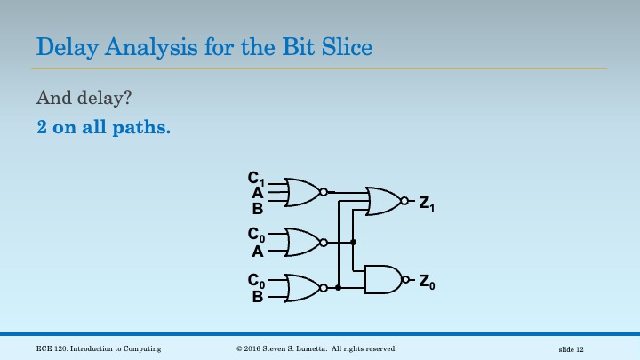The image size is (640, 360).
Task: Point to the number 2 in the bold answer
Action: pyautogui.click(x=42, y=127)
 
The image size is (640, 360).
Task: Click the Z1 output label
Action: pyautogui.click(x=427, y=203)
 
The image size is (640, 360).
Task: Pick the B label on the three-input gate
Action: pyautogui.click(x=257, y=209)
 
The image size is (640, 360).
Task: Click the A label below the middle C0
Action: pyautogui.click(x=257, y=251)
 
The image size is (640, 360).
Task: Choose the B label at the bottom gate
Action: pyautogui.click(x=257, y=296)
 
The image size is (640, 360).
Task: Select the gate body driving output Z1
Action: pyautogui.click(x=383, y=201)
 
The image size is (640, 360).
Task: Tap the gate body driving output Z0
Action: pyautogui.click(x=382, y=279)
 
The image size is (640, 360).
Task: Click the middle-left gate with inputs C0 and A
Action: pyautogui.click(x=302, y=242)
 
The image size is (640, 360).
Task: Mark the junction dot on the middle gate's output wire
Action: pyautogui.click(x=353, y=242)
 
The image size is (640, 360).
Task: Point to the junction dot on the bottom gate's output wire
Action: pyautogui.click(x=338, y=287)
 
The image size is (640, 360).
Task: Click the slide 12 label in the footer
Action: pyautogui.click(x=577, y=348)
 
